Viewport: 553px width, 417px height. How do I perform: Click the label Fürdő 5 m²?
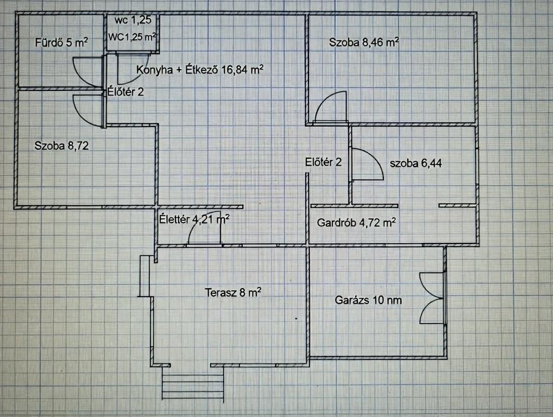tap(61, 43)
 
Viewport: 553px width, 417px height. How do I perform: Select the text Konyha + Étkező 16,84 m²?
tap(200, 70)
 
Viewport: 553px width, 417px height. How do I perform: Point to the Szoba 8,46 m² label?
tap(364, 43)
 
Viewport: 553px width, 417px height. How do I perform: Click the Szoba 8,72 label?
tap(61, 146)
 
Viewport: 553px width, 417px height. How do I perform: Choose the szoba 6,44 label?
tap(416, 163)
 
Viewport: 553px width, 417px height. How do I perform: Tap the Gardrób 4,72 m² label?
tap(356, 223)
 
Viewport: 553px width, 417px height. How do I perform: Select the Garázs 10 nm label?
tap(368, 300)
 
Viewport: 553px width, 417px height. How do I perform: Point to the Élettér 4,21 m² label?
tap(194, 219)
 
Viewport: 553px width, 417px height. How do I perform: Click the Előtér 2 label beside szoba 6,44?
tap(324, 162)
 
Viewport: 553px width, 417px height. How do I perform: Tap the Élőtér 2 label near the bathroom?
tap(126, 92)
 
